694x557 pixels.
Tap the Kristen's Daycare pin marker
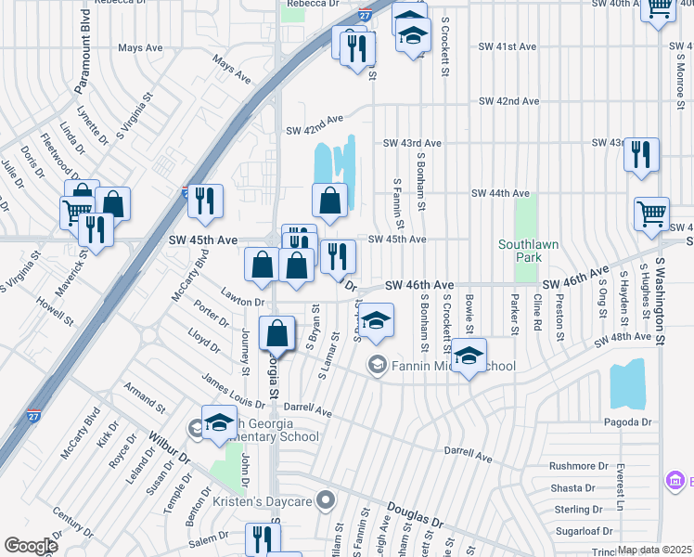[x=325, y=501]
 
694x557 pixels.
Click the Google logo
[x=31, y=546]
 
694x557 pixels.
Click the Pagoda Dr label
[x=627, y=421]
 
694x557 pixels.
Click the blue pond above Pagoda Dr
[x=627, y=382]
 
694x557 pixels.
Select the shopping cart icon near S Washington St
[x=652, y=214]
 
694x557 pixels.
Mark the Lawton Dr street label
[x=243, y=302]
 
